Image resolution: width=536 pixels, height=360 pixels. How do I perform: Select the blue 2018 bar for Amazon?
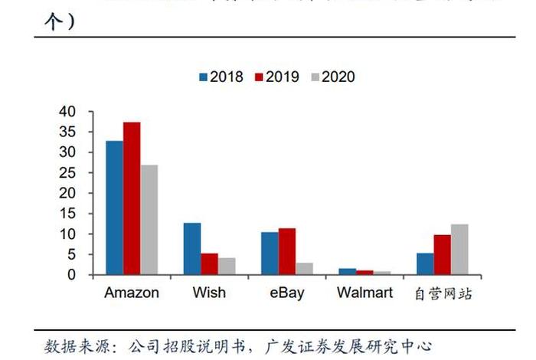(x=114, y=207)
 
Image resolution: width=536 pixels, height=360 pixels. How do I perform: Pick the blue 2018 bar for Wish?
(x=192, y=248)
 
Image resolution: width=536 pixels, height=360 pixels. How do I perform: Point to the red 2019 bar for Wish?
(x=210, y=263)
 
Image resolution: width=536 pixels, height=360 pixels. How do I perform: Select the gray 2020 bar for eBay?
(x=305, y=268)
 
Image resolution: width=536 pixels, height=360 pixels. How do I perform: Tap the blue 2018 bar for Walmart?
(x=348, y=271)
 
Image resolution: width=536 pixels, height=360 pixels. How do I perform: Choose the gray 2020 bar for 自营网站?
(x=459, y=249)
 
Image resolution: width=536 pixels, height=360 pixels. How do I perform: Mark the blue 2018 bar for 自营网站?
(x=425, y=263)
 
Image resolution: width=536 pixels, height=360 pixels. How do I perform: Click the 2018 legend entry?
(x=221, y=77)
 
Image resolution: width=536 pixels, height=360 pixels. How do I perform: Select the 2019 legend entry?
(x=276, y=77)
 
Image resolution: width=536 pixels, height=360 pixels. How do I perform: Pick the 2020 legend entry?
(x=332, y=77)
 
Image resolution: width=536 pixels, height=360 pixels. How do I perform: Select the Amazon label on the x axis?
(x=132, y=293)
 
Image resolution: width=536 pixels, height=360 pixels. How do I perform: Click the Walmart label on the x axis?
(x=364, y=293)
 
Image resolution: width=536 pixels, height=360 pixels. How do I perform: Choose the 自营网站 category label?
(x=443, y=293)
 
